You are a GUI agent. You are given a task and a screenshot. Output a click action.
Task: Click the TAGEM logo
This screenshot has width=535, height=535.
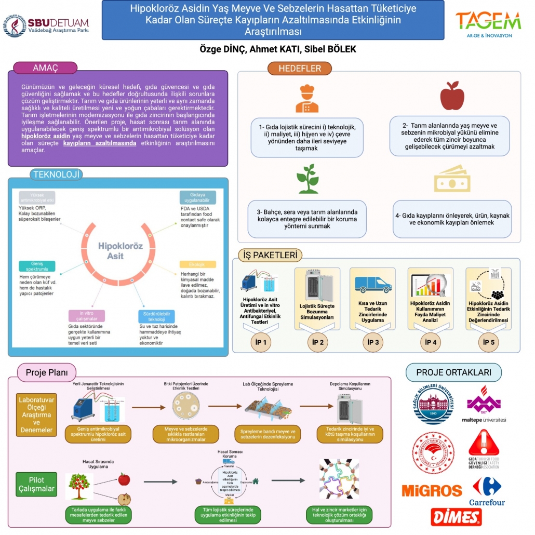(488, 23)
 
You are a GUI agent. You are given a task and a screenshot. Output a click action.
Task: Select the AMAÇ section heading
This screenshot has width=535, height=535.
(45, 68)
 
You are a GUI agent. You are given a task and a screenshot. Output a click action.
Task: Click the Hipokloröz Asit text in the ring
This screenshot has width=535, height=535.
(121, 251)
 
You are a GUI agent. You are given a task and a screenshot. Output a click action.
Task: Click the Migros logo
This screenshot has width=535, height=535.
(432, 490)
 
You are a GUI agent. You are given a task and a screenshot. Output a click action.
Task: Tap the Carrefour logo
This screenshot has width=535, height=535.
(487, 492)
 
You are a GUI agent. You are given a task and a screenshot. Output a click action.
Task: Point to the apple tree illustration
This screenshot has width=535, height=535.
(79, 486)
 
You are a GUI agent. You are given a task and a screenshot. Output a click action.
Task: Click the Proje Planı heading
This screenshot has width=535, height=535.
(47, 372)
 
